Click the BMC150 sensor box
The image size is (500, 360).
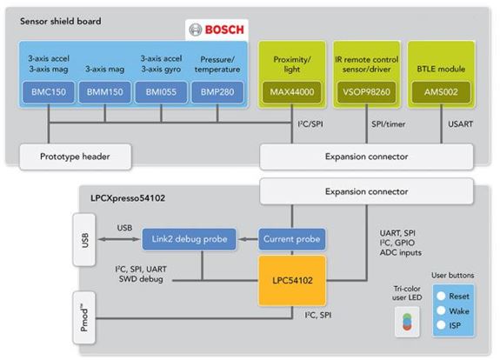click(49, 92)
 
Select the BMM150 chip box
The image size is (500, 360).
click(105, 92)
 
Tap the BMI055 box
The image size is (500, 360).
click(161, 92)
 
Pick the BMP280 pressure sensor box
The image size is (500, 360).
click(217, 92)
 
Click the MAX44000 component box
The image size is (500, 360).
click(292, 92)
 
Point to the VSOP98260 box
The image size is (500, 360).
click(366, 92)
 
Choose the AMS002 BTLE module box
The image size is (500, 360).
click(441, 92)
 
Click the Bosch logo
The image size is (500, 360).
click(217, 30)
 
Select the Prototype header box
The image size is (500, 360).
click(76, 157)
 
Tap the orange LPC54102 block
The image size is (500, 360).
click(292, 281)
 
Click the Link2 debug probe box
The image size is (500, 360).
click(190, 239)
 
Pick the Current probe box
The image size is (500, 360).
click(292, 239)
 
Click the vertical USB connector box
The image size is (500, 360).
click(84, 240)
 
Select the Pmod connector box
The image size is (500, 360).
click(84, 317)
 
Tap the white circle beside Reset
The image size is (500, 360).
click(441, 296)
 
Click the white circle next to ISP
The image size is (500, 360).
click(441, 325)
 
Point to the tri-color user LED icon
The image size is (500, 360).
click(407, 322)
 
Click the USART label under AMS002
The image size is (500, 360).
click(460, 124)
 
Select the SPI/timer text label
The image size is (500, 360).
click(388, 124)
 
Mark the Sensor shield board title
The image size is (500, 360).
click(61, 22)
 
